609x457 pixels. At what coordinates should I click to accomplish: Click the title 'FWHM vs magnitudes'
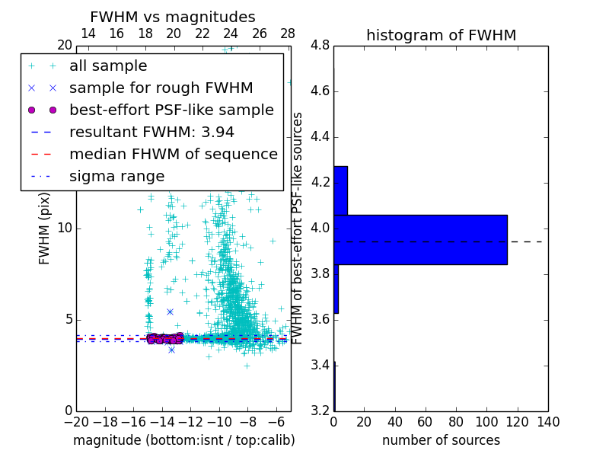172,17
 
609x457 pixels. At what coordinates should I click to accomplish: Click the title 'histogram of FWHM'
441,35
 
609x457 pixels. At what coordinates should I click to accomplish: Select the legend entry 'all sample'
108,66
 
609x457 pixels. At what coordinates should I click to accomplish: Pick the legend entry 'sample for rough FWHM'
161,88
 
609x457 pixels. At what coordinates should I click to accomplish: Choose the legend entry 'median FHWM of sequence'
173,154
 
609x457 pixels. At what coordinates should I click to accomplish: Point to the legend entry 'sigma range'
116,176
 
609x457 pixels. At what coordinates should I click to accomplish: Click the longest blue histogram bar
420,239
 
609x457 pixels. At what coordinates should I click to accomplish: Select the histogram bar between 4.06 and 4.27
340,190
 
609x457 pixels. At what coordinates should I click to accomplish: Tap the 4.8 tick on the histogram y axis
320,46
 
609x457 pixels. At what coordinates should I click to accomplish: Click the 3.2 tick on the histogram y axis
320,411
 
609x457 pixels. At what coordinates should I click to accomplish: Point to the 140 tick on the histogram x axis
548,422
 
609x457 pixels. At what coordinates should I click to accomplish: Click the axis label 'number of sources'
441,440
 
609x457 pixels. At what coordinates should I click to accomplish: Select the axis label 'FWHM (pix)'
45,228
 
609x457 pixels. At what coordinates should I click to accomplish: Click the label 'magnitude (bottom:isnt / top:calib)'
183,440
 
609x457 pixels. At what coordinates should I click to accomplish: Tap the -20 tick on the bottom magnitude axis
76,422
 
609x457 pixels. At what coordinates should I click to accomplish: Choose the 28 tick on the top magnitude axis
288,34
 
